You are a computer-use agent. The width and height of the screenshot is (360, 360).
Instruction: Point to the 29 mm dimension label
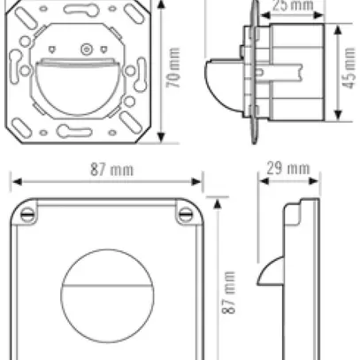point(287,168)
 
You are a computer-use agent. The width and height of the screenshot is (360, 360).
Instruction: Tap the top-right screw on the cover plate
point(187,213)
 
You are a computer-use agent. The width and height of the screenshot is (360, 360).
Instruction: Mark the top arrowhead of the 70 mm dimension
point(160,4)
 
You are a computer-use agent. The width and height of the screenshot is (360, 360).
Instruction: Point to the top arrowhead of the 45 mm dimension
point(339,27)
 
